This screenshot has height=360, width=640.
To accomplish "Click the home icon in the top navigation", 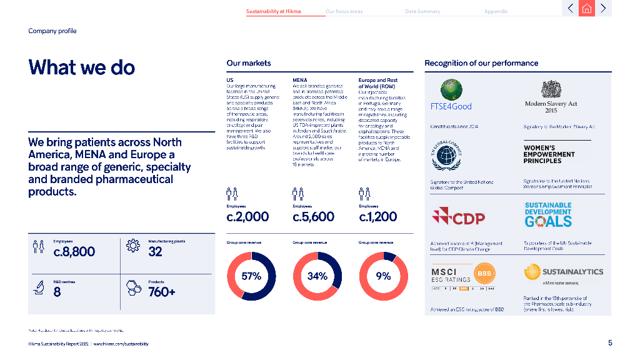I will pos(586,8).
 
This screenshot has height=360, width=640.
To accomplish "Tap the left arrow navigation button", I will pos(570,8).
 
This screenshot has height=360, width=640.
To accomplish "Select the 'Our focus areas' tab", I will pos(344,11).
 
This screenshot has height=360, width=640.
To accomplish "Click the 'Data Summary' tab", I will pos(422,11).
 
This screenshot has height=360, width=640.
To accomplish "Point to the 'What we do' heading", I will pos(82,67).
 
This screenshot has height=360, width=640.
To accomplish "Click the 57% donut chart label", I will pos(251,276).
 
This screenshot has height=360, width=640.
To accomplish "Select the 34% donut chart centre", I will pos(317,276).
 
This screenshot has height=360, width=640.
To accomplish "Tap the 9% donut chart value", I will pos(384,276).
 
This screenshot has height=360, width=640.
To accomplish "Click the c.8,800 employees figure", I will pos(74,251).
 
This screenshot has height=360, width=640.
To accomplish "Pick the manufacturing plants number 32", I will pos(156,251).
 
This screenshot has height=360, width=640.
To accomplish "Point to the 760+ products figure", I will pos(162,291).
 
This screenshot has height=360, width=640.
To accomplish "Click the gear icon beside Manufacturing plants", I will pos(132,246).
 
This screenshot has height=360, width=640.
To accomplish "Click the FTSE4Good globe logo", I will pos(451,90).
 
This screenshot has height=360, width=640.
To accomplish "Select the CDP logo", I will pos(459,218).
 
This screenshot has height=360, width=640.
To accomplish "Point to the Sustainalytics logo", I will pos(563,272).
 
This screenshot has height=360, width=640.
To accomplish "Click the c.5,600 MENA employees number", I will pos(314,217).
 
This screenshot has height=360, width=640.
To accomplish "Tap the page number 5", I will pos(610,342).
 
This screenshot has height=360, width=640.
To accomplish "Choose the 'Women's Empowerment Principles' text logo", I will pos(549,154).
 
